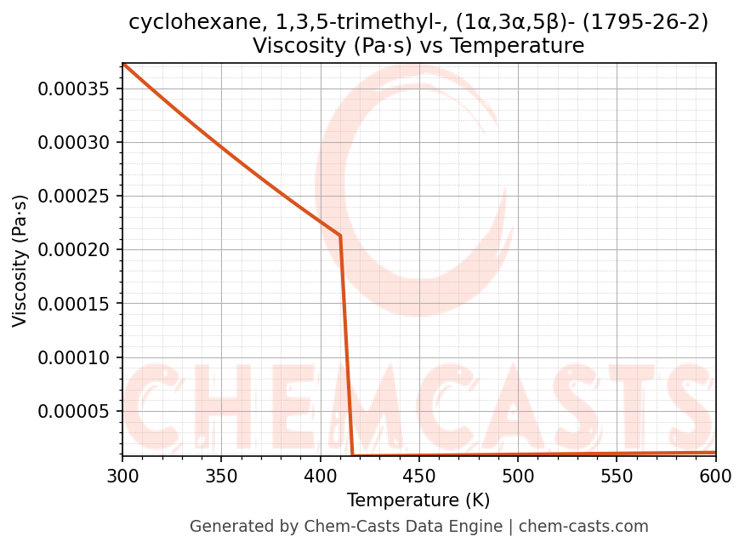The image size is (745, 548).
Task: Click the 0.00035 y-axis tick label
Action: tap(75, 88)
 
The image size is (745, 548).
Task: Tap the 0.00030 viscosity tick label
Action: tap(75, 142)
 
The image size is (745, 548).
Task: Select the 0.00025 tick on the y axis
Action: tap(75, 196)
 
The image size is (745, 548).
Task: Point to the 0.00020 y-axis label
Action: tap(75, 250)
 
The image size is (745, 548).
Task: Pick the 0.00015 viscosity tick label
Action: tap(75, 304)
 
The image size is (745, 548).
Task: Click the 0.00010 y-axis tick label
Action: tap(75, 357)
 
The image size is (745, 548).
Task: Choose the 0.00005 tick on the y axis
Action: tap(75, 411)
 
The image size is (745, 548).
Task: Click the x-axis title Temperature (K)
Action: tap(418, 500)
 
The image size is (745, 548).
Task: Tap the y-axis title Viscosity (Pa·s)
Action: tap(20, 260)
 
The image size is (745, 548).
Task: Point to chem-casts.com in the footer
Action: tap(583, 527)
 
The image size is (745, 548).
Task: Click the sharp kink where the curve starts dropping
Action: tap(340, 236)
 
